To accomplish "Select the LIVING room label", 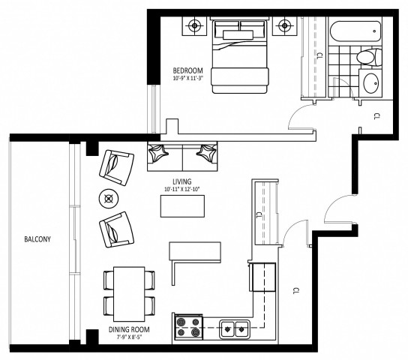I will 181,181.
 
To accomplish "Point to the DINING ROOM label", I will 129,329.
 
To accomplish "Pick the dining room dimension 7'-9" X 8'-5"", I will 129,338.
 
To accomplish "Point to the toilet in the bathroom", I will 367,57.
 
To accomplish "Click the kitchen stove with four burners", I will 187,327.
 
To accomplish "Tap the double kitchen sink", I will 233,327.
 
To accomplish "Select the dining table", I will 129,292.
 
